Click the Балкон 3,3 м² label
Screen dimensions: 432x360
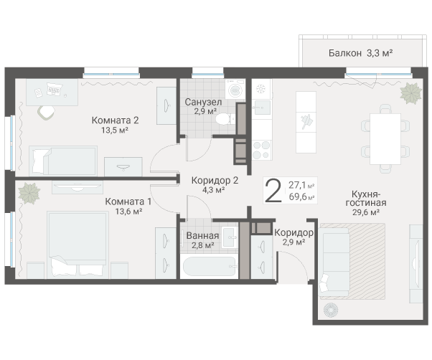[x=360, y=52]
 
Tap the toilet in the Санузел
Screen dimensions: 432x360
[x=225, y=119]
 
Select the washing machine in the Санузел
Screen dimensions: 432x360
[x=235, y=89]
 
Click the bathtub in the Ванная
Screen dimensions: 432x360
[x=210, y=266]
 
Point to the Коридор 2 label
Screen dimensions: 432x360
[x=215, y=181]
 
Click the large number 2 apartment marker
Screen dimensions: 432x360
[x=273, y=191]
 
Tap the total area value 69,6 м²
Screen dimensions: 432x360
[x=301, y=197]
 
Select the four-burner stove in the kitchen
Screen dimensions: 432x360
[x=261, y=150]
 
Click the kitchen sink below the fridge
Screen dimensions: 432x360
[x=261, y=108]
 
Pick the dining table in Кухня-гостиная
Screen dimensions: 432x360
[x=385, y=138]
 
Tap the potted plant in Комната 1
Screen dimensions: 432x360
[x=29, y=193]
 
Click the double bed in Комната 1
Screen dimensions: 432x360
[x=78, y=245]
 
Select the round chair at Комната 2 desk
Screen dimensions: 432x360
[x=46, y=113]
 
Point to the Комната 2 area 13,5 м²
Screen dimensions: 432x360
[x=115, y=130]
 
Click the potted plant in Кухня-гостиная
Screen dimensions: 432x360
[x=410, y=93]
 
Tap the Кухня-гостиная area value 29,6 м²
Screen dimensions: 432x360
[x=366, y=212]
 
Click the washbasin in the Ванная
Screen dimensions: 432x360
[x=230, y=237]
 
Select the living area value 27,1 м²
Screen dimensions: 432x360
[x=301, y=185]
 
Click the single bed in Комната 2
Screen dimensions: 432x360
[x=63, y=161]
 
